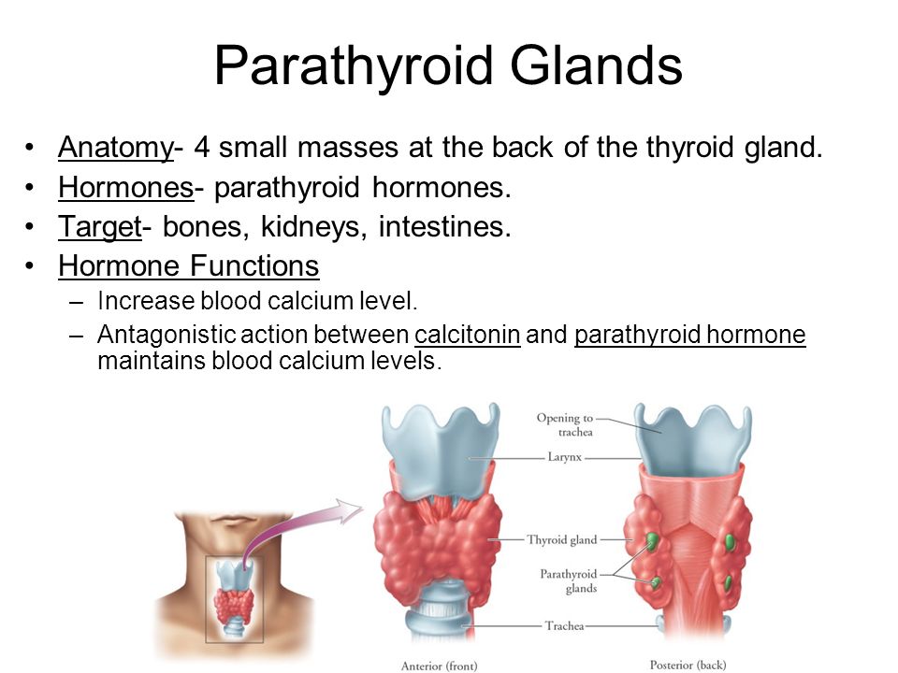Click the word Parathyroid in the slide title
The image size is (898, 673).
click(354, 65)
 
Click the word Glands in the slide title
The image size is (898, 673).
click(596, 64)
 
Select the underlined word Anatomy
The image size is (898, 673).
click(115, 149)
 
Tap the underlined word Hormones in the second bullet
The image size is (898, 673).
click(126, 187)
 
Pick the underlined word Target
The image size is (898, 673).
click(100, 227)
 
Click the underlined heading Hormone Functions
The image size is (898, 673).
click(188, 265)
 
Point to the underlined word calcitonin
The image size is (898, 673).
click(468, 335)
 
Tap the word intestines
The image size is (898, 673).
click(444, 226)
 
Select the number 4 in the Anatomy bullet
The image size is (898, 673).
click(202, 147)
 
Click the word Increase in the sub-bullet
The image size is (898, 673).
click(146, 301)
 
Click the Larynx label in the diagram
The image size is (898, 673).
click(565, 457)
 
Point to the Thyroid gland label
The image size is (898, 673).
click(562, 540)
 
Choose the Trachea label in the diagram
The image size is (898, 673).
click(565, 626)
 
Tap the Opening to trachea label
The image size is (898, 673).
click(565, 424)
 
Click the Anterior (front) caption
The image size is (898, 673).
click(440, 666)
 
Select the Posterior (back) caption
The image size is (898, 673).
click(688, 665)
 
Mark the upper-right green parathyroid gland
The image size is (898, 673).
click(730, 542)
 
